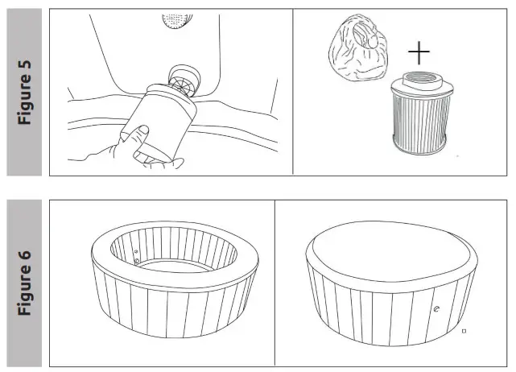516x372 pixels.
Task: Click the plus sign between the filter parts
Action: coord(419,54)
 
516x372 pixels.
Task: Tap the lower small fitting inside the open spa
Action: coord(138,261)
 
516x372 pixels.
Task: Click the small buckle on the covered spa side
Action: coord(436,309)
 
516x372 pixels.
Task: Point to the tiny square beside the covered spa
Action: coord(464,330)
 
